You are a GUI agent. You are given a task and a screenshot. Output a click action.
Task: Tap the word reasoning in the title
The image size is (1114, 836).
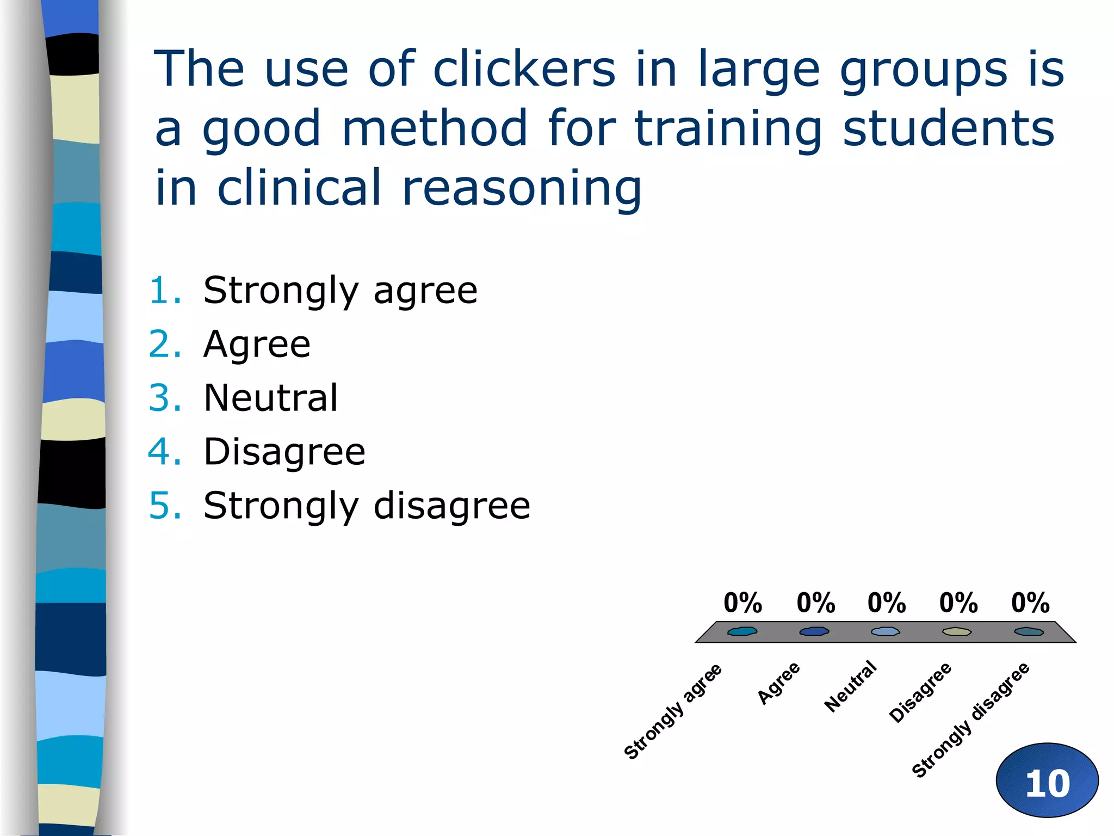(x=522, y=188)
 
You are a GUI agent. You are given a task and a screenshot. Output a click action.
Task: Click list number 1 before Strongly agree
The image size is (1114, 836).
(x=165, y=290)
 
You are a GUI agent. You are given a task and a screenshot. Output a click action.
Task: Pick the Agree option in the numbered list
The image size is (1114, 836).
(x=257, y=344)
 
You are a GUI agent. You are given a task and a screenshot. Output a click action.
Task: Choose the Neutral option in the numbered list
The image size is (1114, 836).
(x=270, y=398)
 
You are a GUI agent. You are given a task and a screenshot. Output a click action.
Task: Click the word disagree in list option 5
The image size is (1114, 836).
(x=451, y=506)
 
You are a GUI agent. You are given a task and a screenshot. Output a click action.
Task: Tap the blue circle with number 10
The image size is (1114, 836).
(x=1047, y=780)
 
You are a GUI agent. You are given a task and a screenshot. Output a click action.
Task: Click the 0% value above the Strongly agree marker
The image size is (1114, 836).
(x=742, y=603)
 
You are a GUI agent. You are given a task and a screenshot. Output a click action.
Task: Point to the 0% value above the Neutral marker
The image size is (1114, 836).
(x=886, y=603)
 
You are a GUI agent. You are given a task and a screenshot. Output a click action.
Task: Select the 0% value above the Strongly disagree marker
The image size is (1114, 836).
(x=1030, y=603)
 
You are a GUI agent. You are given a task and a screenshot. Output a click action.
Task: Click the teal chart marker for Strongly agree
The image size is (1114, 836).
(x=742, y=631)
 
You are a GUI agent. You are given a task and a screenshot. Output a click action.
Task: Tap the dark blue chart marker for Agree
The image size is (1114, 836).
(x=814, y=631)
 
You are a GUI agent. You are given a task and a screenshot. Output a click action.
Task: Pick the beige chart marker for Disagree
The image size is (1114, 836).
(x=957, y=631)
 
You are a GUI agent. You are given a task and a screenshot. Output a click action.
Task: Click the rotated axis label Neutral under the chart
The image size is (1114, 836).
(x=850, y=686)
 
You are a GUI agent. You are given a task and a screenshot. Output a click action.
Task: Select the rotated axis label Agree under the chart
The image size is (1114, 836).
(x=779, y=683)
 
